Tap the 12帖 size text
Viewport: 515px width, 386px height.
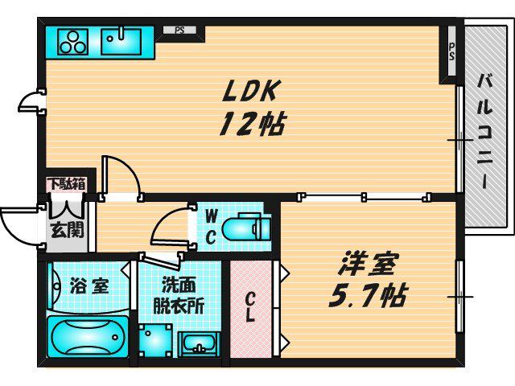tap(252, 125)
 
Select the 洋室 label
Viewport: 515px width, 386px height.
tap(368, 264)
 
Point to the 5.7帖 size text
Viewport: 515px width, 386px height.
tap(368, 295)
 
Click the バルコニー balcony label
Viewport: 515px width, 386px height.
tap(485, 130)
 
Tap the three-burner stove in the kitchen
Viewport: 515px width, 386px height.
tap(73, 42)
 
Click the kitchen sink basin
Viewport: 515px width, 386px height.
tap(122, 41)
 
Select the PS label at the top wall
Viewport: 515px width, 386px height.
tap(179, 31)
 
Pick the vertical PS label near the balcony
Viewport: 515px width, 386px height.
tap(452, 51)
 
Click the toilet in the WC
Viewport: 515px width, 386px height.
tap(245, 228)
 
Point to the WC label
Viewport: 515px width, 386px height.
tap(211, 227)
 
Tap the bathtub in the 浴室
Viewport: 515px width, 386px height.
tap(88, 337)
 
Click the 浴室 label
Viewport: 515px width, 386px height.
tap(89, 286)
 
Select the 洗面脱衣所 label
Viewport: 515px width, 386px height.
tap(179, 296)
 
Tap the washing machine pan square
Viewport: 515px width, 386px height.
tap(155, 341)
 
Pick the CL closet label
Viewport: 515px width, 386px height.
tap(250, 307)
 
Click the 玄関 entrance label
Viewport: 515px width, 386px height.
tap(68, 231)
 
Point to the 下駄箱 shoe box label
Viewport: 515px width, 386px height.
tap(68, 184)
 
